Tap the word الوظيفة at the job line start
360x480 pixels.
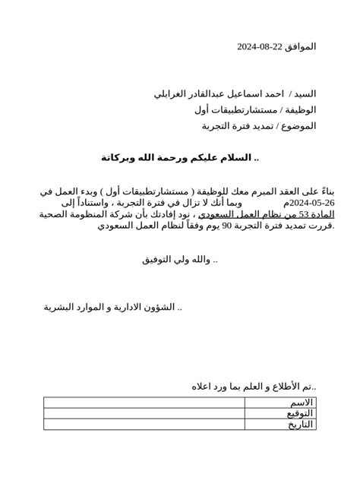click(x=299, y=109)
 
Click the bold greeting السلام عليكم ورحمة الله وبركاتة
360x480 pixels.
click(x=184, y=157)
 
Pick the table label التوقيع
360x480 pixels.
click(x=299, y=413)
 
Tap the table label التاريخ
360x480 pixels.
click(x=299, y=424)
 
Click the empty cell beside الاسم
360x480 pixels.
click(x=144, y=403)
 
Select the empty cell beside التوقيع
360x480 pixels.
click(x=144, y=413)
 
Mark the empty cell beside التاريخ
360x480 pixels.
click(x=144, y=424)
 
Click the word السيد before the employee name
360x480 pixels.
click(x=303, y=94)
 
